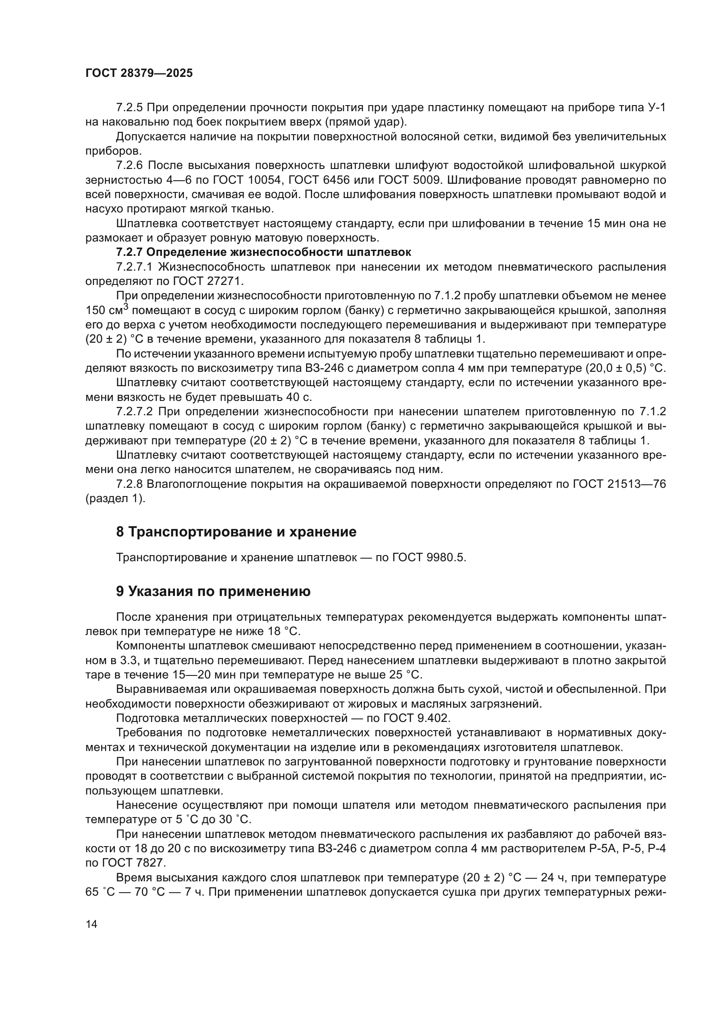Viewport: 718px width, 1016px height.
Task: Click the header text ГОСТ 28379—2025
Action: click(x=139, y=73)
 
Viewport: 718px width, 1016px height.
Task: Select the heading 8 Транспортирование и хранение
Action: click(x=236, y=532)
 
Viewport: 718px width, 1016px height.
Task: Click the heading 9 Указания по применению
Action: click(x=213, y=592)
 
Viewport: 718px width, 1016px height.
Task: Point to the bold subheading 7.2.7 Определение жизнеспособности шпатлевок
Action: click(x=263, y=252)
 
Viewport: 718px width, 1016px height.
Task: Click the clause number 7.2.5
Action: click(x=129, y=108)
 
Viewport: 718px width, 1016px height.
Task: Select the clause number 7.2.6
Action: click(x=129, y=165)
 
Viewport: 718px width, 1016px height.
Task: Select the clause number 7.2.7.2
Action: click(x=135, y=411)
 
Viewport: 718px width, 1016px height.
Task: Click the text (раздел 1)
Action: click(x=115, y=499)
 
